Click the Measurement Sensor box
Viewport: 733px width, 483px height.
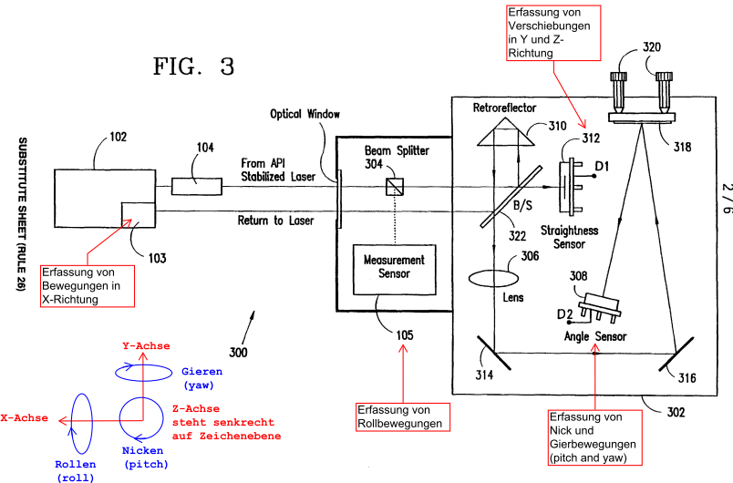pyautogui.click(x=394, y=270)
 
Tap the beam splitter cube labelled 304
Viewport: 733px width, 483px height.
pyautogui.click(x=395, y=187)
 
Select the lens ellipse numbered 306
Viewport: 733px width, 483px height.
pyautogui.click(x=493, y=278)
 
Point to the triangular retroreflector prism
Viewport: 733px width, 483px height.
pyautogui.click(x=506, y=132)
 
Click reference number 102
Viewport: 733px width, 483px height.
pyautogui.click(x=119, y=137)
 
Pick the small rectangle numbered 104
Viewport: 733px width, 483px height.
pyautogui.click(x=196, y=186)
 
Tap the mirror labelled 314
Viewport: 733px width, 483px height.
pyautogui.click(x=494, y=353)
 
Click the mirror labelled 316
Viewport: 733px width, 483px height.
pyautogui.click(x=676, y=354)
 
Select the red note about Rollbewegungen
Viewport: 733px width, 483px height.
pyautogui.click(x=402, y=416)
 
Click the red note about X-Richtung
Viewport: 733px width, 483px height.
pyautogui.click(x=88, y=286)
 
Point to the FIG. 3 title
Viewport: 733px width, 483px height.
pyautogui.click(x=193, y=66)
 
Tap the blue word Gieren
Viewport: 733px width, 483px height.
pyautogui.click(x=202, y=372)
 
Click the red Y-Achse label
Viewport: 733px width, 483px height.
pyautogui.click(x=146, y=345)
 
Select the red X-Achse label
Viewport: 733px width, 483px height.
pyautogui.click(x=25, y=417)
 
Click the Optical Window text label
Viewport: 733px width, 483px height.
pyautogui.click(x=305, y=114)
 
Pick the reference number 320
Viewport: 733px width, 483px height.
pyautogui.click(x=652, y=46)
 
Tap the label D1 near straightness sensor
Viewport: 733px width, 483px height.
pyautogui.click(x=602, y=166)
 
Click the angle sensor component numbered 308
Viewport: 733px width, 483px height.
pyautogui.click(x=600, y=307)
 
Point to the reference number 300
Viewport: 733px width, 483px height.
pyautogui.click(x=238, y=352)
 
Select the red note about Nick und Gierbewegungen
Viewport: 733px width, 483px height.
pyautogui.click(x=595, y=437)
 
